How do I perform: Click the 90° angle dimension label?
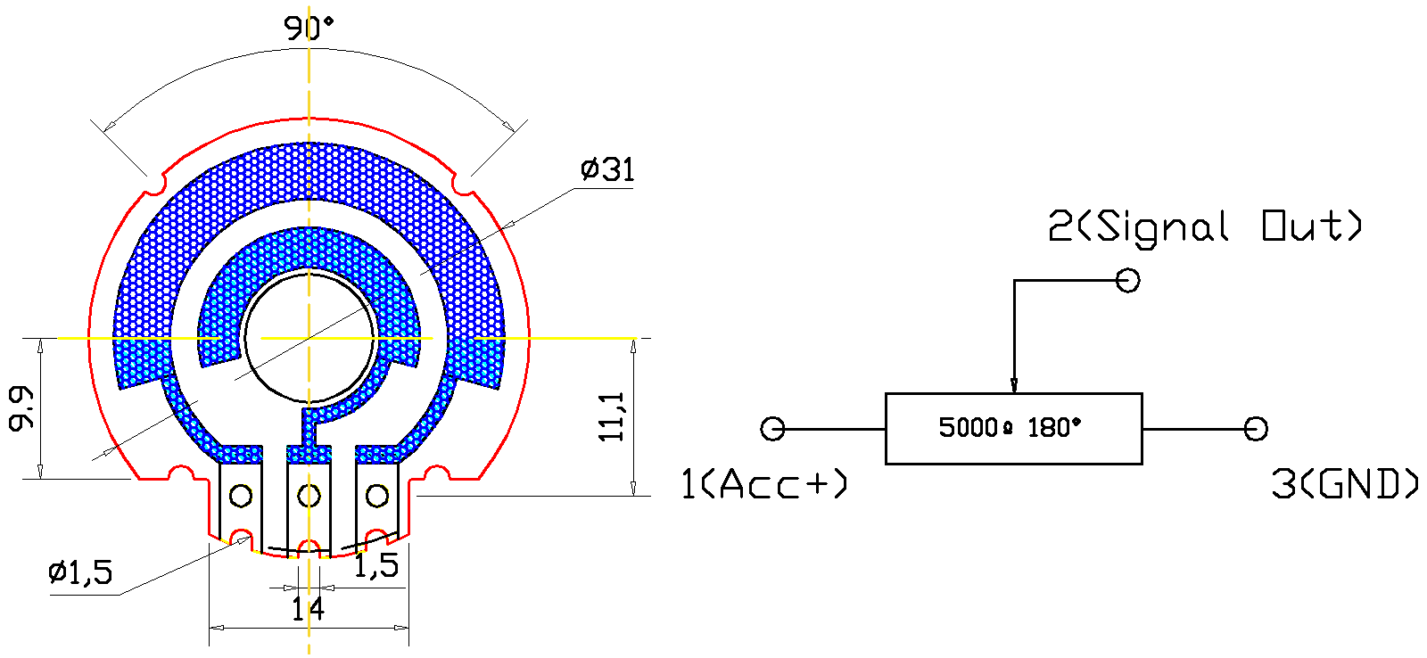pos(309,29)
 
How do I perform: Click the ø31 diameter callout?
pos(607,169)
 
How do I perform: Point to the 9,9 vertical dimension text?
pos(21,407)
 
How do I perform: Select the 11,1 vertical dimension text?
pos(612,416)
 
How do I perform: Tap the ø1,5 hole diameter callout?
pos(80,572)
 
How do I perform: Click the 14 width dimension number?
pos(308,610)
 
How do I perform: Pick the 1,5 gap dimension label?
pos(375,565)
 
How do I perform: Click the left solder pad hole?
pos(241,496)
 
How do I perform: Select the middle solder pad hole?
pos(309,496)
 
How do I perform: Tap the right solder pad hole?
pos(377,496)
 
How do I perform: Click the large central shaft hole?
pos(309,339)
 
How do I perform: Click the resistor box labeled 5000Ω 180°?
pos(1013,429)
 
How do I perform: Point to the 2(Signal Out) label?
pos(1205,226)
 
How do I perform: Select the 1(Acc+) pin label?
pos(763,484)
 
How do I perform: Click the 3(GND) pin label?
pos(1343,484)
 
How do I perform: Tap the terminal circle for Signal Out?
pos(1128,281)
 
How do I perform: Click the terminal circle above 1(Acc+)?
pos(772,429)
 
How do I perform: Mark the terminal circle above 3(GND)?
pos(1256,429)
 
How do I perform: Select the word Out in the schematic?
pos(1312,226)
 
